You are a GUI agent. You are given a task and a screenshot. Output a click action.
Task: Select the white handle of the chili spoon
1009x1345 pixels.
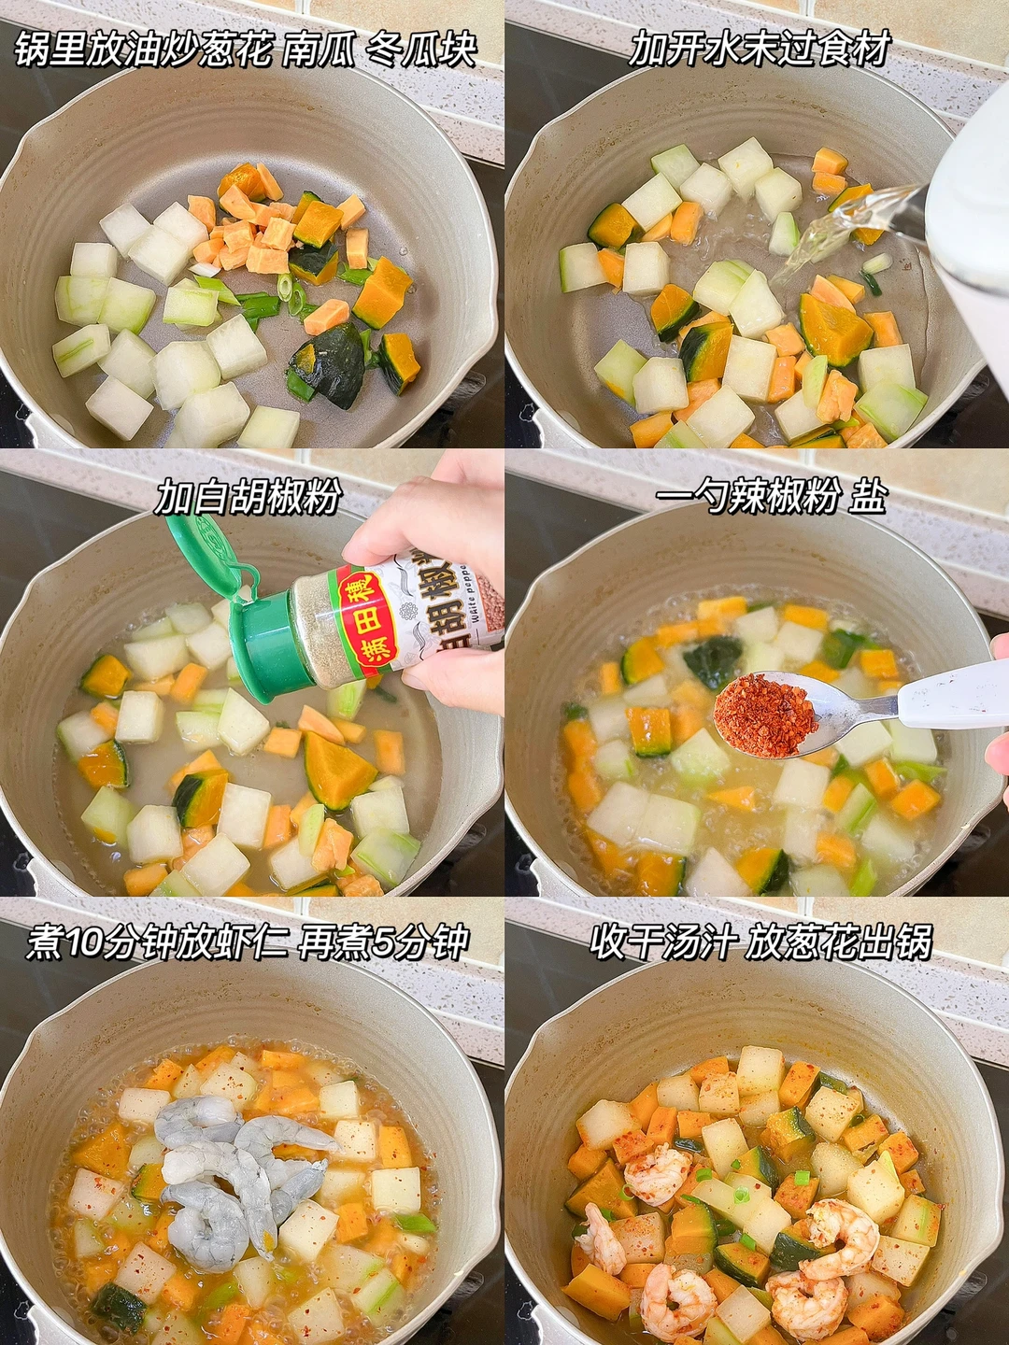[x=953, y=694]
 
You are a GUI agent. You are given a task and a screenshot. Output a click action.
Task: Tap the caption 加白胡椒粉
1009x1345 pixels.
[x=246, y=497]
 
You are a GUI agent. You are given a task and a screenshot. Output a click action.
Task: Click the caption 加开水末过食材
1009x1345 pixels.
[x=759, y=48]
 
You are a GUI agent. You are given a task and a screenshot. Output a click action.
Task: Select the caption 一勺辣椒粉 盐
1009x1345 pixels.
[x=770, y=497]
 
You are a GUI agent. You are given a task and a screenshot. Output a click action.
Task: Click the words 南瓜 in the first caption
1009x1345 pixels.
[x=319, y=48]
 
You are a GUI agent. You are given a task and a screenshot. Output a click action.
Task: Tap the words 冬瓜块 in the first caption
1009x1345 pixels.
[x=421, y=48]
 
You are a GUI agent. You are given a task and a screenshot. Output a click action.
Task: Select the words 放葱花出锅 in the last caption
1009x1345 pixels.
[x=838, y=958]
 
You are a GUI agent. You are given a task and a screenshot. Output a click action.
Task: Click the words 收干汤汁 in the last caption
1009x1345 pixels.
[x=661, y=958]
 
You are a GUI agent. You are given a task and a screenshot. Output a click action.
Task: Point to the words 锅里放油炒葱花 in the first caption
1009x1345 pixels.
[x=143, y=48]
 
